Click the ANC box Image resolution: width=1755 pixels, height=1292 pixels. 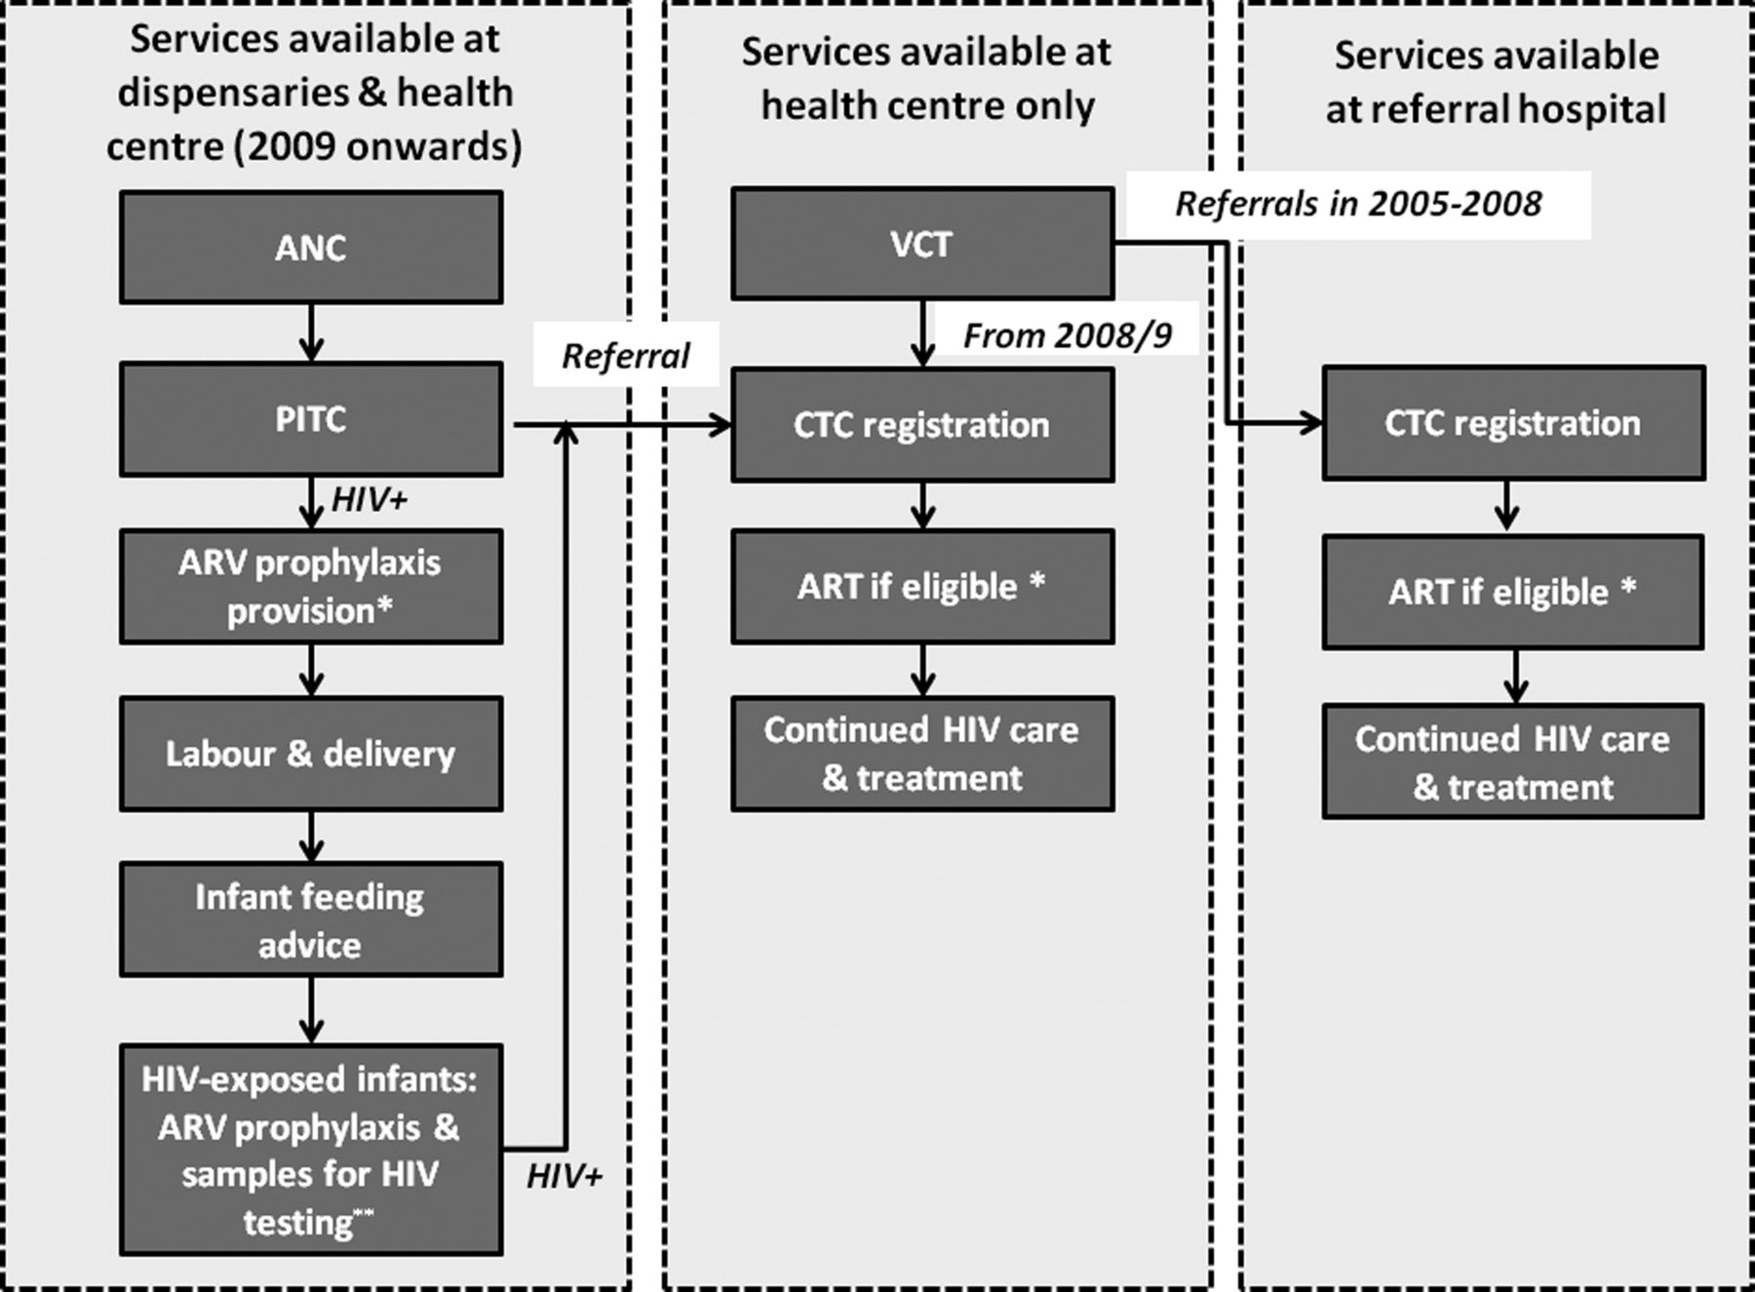(x=311, y=247)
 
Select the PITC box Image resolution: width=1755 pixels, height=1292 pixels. (x=311, y=419)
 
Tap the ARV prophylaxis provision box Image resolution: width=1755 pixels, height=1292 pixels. (x=311, y=586)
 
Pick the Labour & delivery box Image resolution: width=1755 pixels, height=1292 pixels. (x=311, y=754)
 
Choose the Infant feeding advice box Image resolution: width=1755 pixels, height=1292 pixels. (x=311, y=920)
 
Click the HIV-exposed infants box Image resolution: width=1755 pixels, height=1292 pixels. (x=311, y=1150)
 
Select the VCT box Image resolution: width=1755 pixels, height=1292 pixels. (x=922, y=244)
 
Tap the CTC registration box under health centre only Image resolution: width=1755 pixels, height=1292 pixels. (x=922, y=424)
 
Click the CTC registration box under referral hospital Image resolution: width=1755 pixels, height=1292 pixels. (x=1513, y=423)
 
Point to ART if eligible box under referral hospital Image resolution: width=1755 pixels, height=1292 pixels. (x=1513, y=592)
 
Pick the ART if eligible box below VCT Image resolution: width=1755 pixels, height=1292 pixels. (x=922, y=586)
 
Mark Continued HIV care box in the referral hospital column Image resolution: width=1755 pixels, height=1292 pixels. (x=1513, y=762)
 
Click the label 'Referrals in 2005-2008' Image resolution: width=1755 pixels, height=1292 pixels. (x=1358, y=204)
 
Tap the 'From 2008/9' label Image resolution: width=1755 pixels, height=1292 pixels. (x=1068, y=335)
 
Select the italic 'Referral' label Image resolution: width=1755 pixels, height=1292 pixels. (x=626, y=356)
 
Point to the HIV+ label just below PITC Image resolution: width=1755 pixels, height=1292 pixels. (x=370, y=499)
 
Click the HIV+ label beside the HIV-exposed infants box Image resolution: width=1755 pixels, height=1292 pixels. (x=565, y=1176)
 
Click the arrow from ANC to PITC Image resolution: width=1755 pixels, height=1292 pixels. (x=311, y=333)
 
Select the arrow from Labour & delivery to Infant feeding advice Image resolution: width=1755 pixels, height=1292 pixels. (x=311, y=837)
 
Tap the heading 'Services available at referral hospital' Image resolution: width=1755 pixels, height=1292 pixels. (x=1496, y=82)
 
